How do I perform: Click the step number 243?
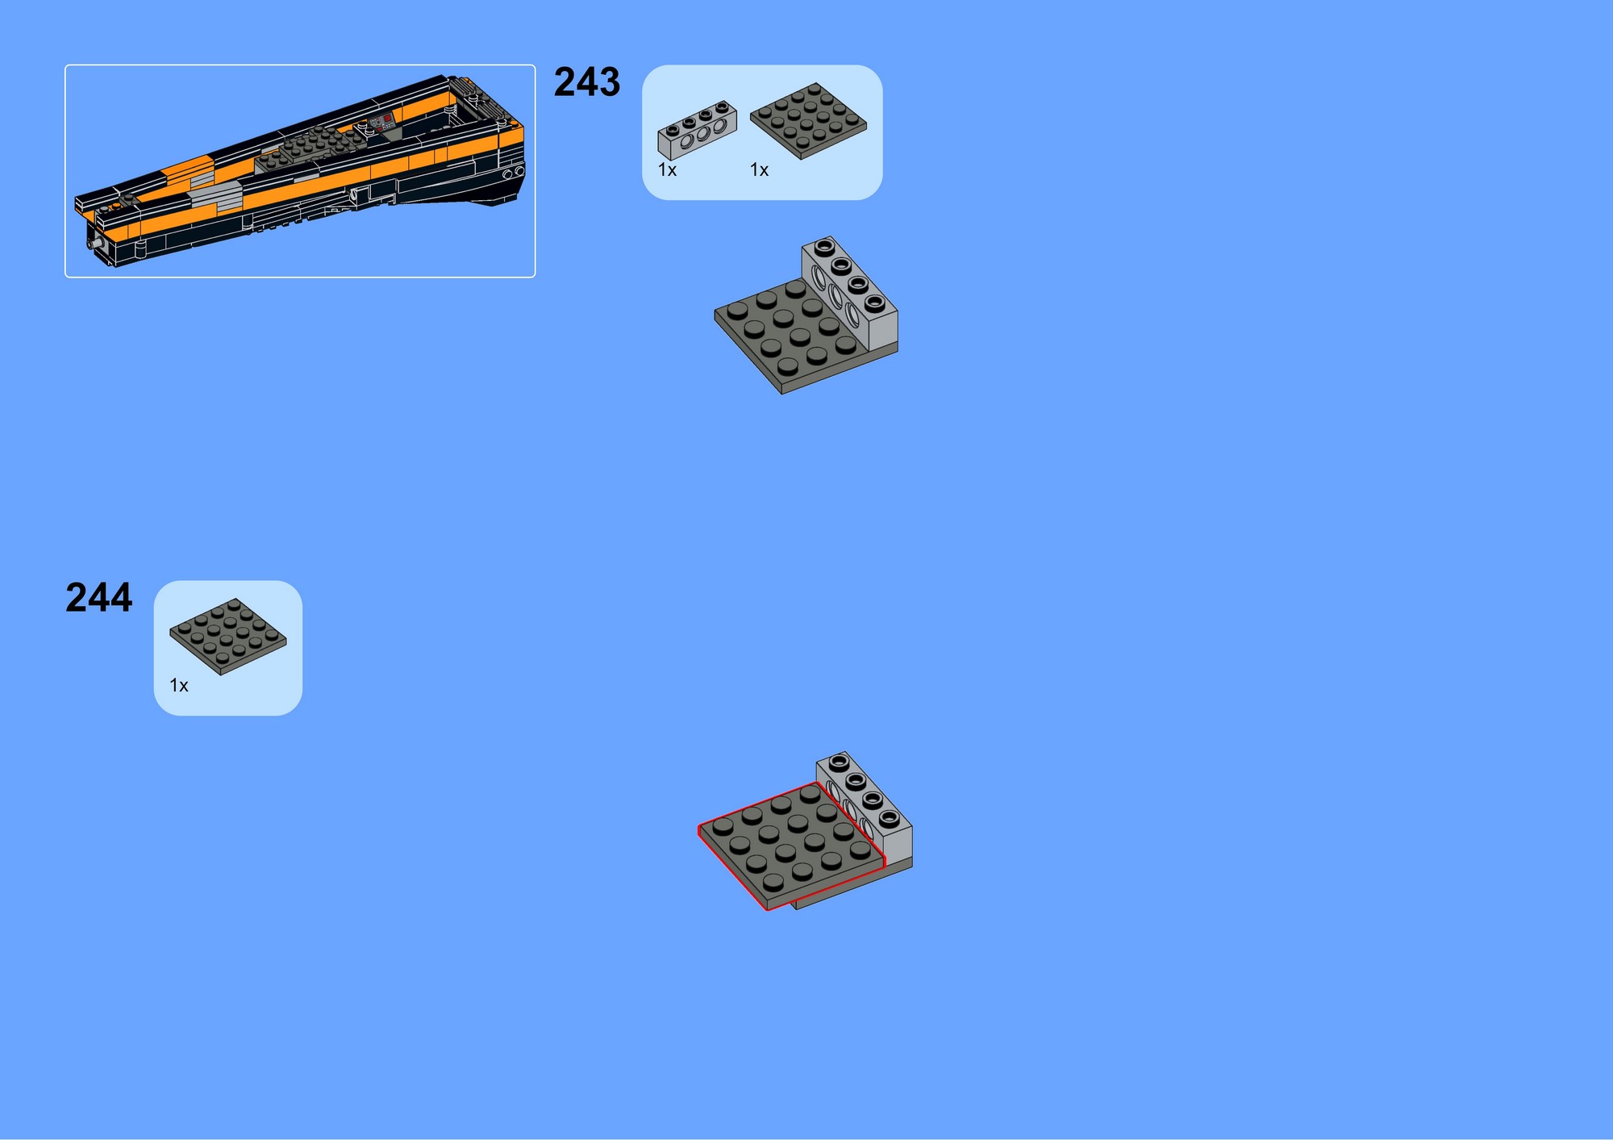pyautogui.click(x=587, y=82)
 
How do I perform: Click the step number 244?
pyautogui.click(x=98, y=598)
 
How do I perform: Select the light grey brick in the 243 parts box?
pyautogui.click(x=697, y=130)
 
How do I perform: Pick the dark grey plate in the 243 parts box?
pyautogui.click(x=808, y=121)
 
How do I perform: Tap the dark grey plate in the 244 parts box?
pyautogui.click(x=227, y=637)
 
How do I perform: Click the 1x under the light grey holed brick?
pyautogui.click(x=667, y=170)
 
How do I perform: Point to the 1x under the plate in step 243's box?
pyautogui.click(x=759, y=170)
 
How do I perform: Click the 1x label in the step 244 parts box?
pyautogui.click(x=178, y=686)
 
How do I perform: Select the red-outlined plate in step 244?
pyautogui.click(x=790, y=846)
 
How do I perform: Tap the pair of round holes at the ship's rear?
pyautogui.click(x=514, y=173)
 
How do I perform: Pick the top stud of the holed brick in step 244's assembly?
pyautogui.click(x=839, y=761)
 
